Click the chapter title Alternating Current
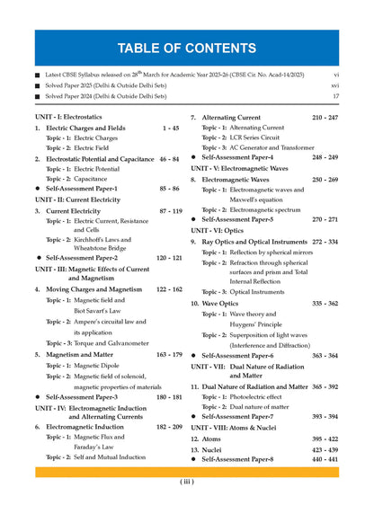(x=236, y=118)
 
